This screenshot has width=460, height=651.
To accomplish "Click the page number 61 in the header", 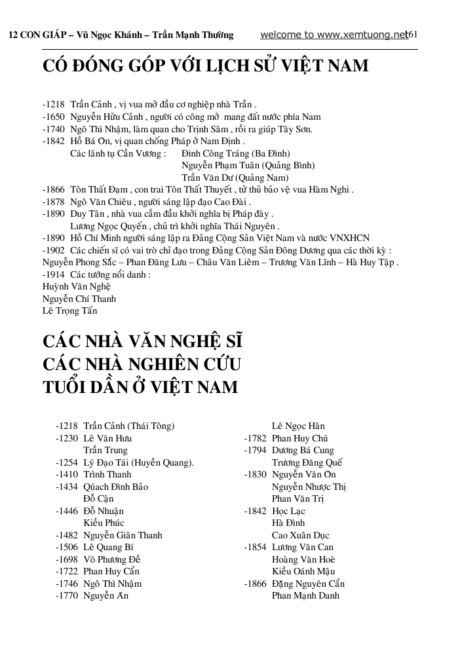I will (413, 35).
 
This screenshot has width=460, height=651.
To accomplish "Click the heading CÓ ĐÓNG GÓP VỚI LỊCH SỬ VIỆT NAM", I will (205, 66).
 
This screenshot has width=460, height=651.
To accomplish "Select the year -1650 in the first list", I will (53, 117).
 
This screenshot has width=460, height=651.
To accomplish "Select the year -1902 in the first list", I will (53, 250).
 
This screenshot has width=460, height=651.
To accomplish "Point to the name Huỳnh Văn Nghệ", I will (77, 287).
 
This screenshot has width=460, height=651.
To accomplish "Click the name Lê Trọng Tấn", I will (69, 311).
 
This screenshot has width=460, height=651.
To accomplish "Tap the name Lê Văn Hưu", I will (107, 438).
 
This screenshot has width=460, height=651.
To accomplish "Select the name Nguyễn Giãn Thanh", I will (123, 535).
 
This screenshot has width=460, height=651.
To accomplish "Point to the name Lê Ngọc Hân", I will (298, 426).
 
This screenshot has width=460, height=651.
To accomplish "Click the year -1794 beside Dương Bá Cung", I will (255, 451).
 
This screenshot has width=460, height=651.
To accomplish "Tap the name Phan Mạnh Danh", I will (305, 596).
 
